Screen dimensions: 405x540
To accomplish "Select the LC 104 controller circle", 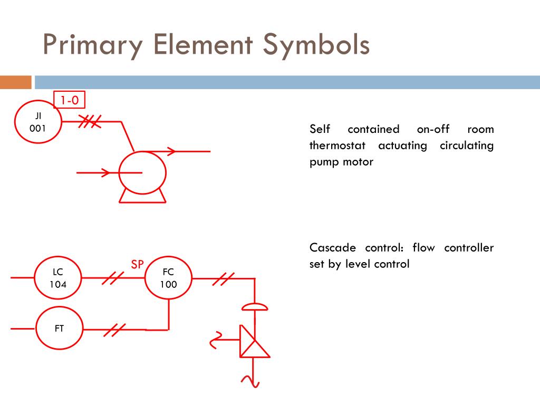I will pos(58,278).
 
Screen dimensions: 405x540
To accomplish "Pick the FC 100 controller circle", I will pos(169,278).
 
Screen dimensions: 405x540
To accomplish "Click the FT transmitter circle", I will pos(59,329).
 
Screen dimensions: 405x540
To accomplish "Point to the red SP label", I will pos(137,265).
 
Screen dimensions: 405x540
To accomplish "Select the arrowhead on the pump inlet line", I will pos(105,172).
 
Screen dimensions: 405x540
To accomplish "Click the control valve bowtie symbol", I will pos(254,341).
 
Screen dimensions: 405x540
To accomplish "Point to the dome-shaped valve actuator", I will pos(254,306).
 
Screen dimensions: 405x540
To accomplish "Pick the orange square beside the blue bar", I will pos(15,82).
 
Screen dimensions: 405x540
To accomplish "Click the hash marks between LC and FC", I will pos(112,278).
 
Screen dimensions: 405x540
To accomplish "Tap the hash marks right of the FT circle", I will pos(114,330).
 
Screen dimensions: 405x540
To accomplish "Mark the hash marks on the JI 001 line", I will pos(88,122).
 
